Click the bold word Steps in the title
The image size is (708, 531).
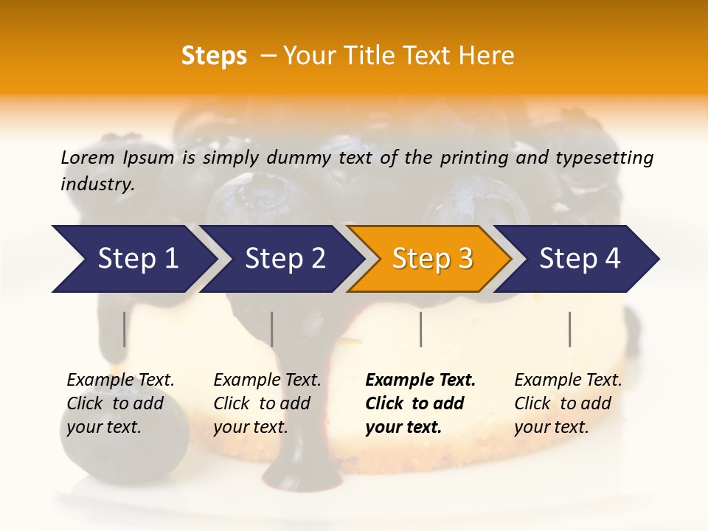(x=214, y=56)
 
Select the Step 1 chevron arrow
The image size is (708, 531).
(x=133, y=259)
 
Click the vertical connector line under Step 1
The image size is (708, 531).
(x=124, y=329)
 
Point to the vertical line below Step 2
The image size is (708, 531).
(x=272, y=329)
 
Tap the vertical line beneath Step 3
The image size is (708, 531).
(x=420, y=329)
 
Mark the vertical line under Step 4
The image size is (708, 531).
(x=569, y=329)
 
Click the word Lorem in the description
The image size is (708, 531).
(x=88, y=158)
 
